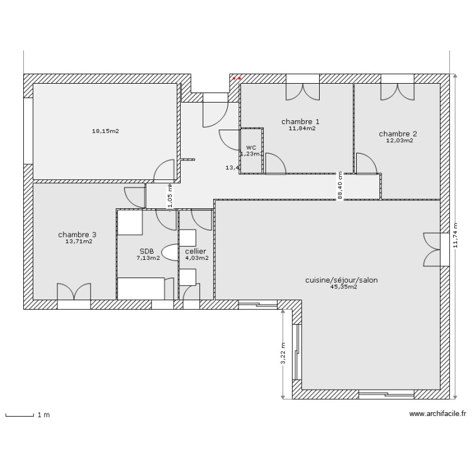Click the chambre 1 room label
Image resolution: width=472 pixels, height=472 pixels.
300,121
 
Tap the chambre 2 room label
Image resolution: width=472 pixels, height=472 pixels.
398,133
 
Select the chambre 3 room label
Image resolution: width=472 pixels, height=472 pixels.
77,234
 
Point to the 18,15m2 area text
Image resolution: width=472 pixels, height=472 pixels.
106,132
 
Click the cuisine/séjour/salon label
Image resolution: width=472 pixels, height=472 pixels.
341,280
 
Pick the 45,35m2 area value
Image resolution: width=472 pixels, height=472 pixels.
344,287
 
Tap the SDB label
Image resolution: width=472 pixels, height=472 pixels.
147,250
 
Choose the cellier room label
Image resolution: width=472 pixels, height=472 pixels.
196,250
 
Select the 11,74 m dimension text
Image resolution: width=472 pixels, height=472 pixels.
456,237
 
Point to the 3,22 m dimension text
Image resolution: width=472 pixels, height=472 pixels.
284,352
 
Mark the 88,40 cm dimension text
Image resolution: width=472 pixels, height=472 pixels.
340,186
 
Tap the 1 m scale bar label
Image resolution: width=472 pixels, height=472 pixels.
43,415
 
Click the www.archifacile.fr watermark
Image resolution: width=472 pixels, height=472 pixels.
438,414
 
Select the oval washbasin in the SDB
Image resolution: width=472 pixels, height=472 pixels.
171,252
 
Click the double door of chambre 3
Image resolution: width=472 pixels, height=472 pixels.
74,293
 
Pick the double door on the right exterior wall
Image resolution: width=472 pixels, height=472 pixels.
433,249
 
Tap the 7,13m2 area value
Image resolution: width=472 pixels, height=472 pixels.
149,257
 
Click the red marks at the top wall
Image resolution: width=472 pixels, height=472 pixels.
236,79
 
